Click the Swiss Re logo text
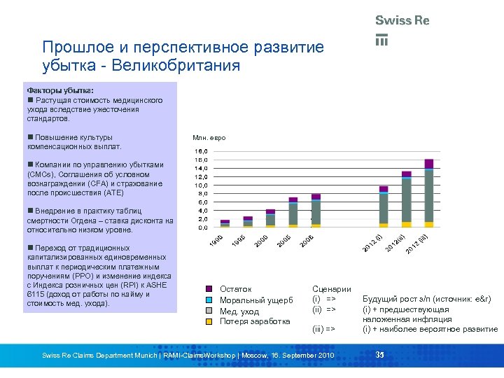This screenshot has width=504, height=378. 402,20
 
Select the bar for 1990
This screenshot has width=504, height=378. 225,223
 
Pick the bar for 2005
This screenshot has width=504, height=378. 293,213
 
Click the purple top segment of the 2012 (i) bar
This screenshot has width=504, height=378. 383,189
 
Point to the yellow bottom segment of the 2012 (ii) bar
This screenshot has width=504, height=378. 406,224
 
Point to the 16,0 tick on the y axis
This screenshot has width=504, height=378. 201,151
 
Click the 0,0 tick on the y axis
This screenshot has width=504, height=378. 201,227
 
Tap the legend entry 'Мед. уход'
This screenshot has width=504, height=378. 239,311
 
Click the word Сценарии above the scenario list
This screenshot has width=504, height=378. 331,289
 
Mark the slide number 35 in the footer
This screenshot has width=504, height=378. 380,355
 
